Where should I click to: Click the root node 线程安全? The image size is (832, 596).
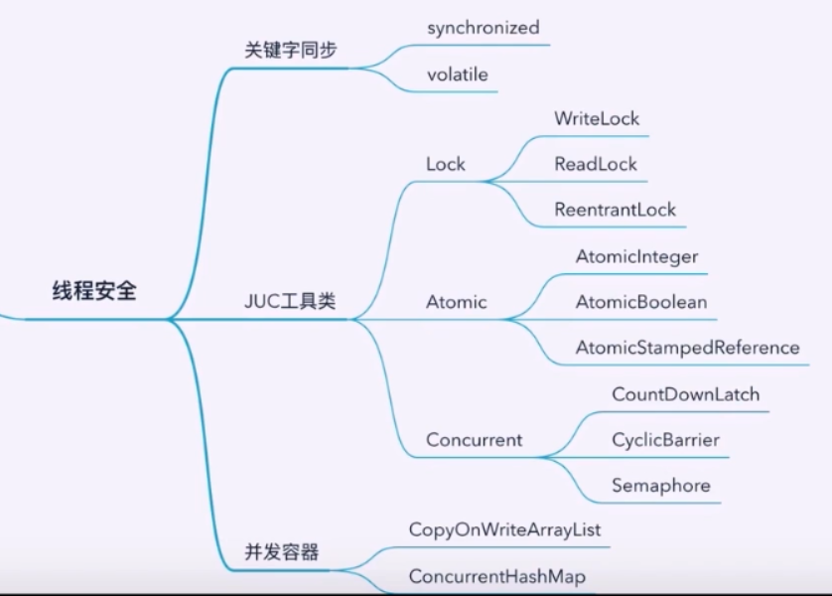94,292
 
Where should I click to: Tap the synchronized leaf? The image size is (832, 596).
484,28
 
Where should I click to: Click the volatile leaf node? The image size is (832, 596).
457,74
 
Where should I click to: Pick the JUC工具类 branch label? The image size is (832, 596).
290,301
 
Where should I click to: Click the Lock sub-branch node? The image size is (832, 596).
445,164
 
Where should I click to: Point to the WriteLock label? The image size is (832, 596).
597,118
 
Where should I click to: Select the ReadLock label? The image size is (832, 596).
596,164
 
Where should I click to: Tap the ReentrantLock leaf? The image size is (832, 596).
615,210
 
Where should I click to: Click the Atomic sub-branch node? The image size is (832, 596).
456,302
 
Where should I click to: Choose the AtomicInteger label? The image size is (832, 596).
636,256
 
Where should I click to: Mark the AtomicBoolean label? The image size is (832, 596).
640,302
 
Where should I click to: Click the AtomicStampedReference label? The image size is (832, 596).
687,348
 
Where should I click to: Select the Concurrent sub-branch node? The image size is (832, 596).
474,439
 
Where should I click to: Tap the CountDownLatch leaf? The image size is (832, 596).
685,394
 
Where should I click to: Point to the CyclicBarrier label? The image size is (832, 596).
665,439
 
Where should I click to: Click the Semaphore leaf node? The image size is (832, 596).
660,486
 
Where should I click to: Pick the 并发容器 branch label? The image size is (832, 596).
282,552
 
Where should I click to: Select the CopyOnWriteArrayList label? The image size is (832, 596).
504,529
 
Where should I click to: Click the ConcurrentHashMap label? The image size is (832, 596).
496,576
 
